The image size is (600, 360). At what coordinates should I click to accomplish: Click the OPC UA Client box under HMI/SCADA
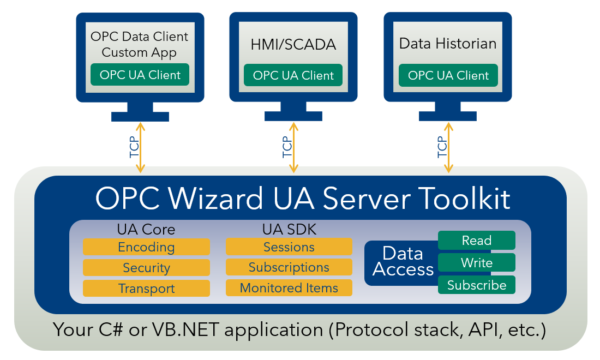pos(293,75)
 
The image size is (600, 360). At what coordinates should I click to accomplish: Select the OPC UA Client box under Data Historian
pos(448,75)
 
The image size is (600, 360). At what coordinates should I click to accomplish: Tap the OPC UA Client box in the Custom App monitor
pos(140,75)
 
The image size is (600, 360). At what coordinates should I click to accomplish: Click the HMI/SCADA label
pos(293,44)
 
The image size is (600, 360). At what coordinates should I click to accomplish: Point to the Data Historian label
pos(448,44)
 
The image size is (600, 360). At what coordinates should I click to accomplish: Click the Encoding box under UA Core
pos(146,247)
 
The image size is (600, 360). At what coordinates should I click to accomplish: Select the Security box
pos(146,268)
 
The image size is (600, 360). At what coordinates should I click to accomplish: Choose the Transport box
pos(146,289)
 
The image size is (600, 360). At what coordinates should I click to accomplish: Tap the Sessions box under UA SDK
pos(289,247)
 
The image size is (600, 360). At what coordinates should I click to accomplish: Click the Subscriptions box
pos(289,267)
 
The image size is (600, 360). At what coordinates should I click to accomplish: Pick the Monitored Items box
pos(289,288)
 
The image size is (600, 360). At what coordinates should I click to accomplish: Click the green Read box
pos(477,241)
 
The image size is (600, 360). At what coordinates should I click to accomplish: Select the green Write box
pos(477,263)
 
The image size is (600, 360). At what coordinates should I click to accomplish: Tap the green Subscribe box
pos(477,285)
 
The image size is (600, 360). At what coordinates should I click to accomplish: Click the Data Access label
pos(403,261)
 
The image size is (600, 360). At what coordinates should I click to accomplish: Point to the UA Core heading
pos(146,230)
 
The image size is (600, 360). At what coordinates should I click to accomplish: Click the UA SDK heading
pos(289,230)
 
